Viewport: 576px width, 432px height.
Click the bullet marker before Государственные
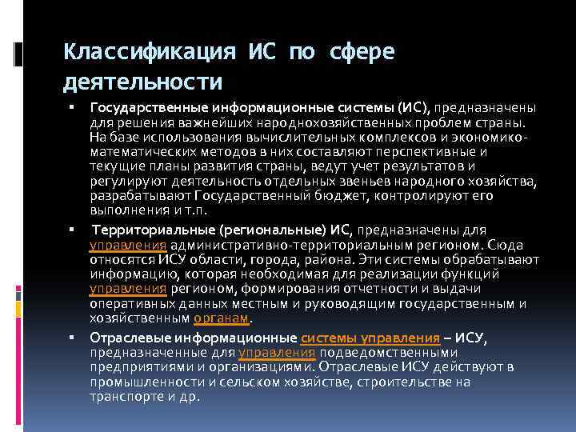click(x=71, y=107)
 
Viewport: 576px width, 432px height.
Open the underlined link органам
click(x=222, y=318)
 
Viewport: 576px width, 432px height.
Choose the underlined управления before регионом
click(x=128, y=289)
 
